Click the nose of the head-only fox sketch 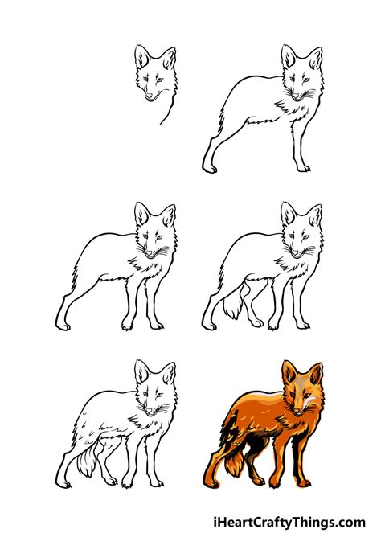151,97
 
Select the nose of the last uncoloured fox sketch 150,412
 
